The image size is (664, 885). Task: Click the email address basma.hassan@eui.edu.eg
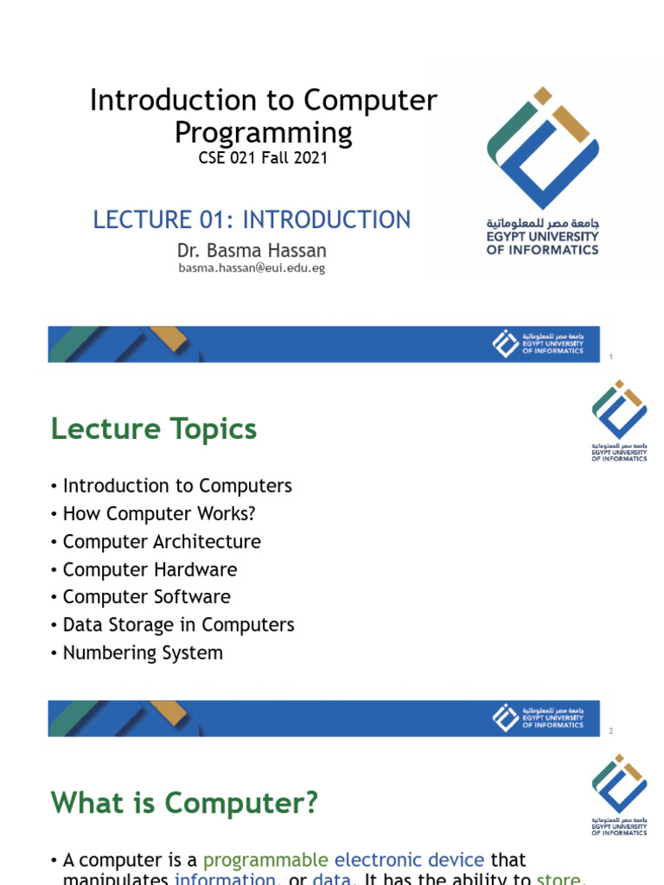click(251, 268)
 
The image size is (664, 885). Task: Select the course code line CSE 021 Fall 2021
click(263, 158)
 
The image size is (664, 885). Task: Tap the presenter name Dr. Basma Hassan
click(251, 251)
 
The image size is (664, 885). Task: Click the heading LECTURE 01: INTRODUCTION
click(252, 220)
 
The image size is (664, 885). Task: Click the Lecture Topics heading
click(154, 429)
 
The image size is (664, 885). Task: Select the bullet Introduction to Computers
click(177, 486)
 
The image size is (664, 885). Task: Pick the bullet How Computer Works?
click(159, 513)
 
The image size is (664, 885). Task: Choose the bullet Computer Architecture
click(162, 542)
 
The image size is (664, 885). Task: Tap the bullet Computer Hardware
click(150, 570)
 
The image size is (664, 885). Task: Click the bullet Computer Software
click(146, 597)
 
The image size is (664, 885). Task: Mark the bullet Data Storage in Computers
click(178, 625)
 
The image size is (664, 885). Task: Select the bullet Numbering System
click(143, 653)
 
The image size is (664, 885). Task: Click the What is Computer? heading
click(184, 804)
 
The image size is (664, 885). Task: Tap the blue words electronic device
click(409, 860)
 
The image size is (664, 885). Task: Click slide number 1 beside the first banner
click(610, 357)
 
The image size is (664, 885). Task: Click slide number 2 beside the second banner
click(610, 731)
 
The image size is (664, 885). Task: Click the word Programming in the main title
click(263, 132)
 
